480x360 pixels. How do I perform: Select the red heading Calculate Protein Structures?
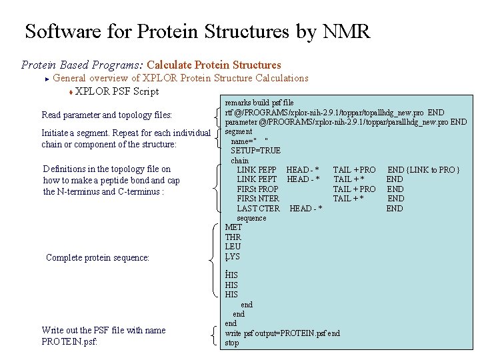(x=214, y=65)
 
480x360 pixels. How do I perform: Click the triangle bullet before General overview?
(x=47, y=79)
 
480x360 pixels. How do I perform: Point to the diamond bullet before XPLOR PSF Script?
(x=70, y=92)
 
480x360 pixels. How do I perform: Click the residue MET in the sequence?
(x=233, y=227)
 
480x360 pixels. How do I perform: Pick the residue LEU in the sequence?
(x=233, y=247)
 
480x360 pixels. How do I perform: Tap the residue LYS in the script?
(x=233, y=257)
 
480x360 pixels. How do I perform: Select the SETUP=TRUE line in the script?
(x=255, y=151)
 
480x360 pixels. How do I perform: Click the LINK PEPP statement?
(x=257, y=170)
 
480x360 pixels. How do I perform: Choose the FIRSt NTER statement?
(x=258, y=199)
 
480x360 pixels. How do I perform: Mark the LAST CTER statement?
(x=258, y=209)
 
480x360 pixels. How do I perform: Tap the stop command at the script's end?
(x=232, y=343)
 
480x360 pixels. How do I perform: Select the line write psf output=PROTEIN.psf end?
(x=282, y=333)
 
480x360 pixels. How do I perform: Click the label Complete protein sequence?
(x=97, y=257)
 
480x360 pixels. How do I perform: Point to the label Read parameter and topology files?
(x=107, y=115)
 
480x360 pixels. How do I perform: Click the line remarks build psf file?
(x=259, y=103)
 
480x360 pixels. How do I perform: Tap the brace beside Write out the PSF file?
(x=213, y=335)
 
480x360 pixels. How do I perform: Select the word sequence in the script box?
(x=251, y=218)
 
